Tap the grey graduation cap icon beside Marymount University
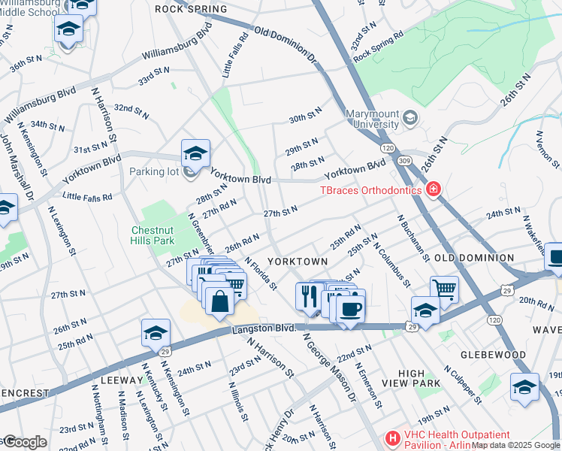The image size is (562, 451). click(x=410, y=118)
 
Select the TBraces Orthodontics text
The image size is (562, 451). click(x=373, y=190)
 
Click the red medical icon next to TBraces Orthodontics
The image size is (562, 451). click(x=433, y=189)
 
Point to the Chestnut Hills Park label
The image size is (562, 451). click(x=153, y=235)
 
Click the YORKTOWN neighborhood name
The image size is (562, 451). click(x=298, y=261)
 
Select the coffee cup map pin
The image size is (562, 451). click(x=349, y=307)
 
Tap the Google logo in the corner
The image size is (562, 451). click(x=24, y=442)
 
